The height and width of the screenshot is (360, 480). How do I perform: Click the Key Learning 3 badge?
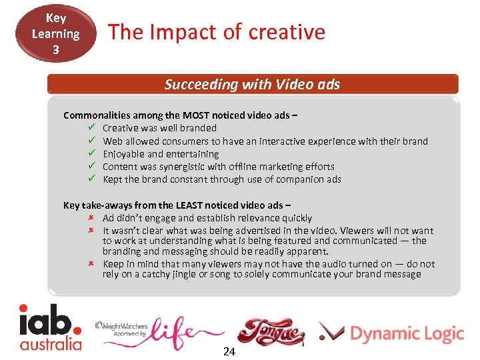pyautogui.click(x=56, y=33)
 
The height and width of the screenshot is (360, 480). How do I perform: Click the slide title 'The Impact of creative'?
pyautogui.click(x=217, y=32)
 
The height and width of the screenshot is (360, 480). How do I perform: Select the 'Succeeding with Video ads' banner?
pyautogui.click(x=252, y=85)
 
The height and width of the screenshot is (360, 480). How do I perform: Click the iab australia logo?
pyautogui.click(x=50, y=327)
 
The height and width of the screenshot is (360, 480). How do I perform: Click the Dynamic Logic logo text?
pyautogui.click(x=406, y=333)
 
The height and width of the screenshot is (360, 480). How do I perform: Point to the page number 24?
pyautogui.click(x=229, y=351)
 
